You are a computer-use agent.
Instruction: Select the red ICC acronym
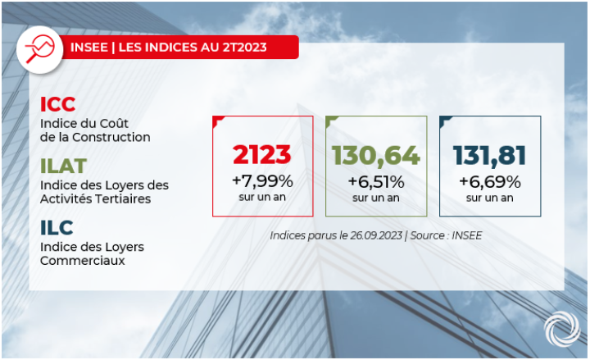coord(57,104)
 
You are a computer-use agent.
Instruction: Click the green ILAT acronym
coord(63,166)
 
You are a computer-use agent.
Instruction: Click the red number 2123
coord(262,155)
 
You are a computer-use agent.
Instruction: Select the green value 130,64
coord(376,155)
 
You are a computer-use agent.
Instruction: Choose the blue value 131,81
coord(490,155)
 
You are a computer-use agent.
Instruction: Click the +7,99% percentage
coord(262,180)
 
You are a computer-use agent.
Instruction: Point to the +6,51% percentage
coord(376,180)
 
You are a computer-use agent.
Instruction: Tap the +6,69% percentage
coord(490,180)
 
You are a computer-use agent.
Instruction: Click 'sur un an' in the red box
coord(262,198)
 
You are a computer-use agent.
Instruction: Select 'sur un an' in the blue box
coord(490,198)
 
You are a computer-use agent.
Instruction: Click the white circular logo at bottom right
coord(561,330)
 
